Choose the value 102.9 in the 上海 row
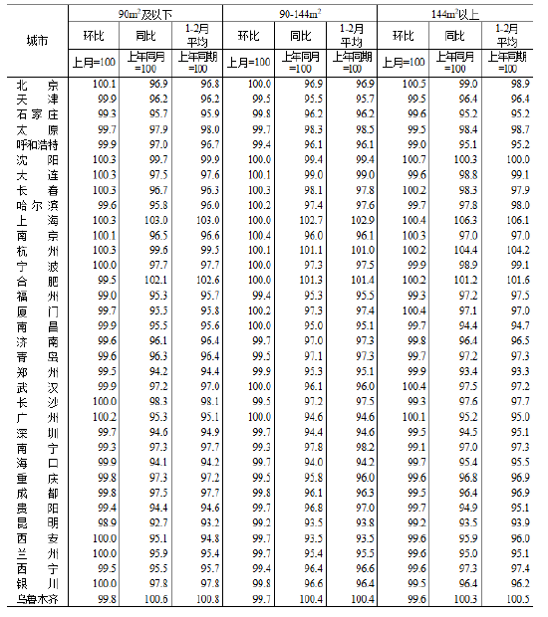362,220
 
